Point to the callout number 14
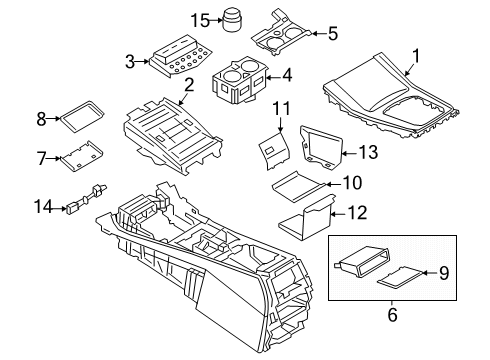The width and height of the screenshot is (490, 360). (41, 209)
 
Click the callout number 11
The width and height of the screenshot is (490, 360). (283, 107)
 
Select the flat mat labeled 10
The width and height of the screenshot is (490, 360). (301, 183)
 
